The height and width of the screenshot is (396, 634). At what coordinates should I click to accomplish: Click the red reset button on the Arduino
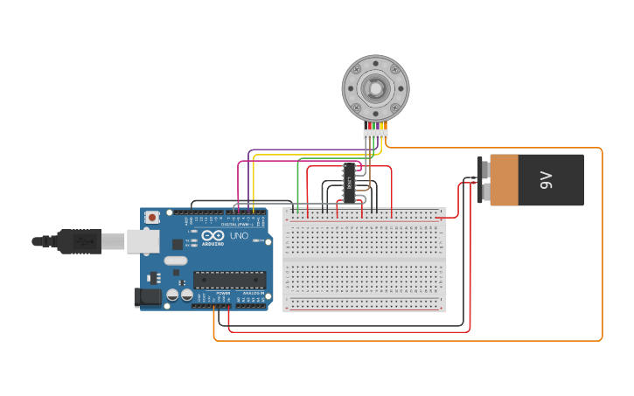click(152, 217)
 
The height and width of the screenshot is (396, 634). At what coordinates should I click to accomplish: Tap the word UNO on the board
click(239, 236)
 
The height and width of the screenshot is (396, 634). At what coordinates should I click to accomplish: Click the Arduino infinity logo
click(213, 235)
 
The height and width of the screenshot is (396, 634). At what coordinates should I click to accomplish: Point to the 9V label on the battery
click(546, 180)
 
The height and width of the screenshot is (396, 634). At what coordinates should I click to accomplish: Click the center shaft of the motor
click(375, 88)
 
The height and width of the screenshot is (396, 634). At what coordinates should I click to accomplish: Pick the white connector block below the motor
click(375, 134)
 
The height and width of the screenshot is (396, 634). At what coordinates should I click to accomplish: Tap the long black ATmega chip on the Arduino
click(229, 280)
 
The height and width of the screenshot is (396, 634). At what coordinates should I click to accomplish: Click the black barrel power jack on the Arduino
click(148, 297)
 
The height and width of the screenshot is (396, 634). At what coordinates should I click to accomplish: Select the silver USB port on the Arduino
click(143, 241)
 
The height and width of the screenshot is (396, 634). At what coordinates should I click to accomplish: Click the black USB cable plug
click(79, 240)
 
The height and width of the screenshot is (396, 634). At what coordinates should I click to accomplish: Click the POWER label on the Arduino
click(199, 293)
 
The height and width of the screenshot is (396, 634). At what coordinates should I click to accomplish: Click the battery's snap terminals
click(483, 180)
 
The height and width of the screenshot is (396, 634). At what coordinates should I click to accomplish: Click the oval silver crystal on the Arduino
click(176, 261)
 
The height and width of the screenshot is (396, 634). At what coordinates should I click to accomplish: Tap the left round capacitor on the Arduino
click(172, 295)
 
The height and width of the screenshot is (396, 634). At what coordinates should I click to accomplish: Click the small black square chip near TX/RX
click(178, 245)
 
